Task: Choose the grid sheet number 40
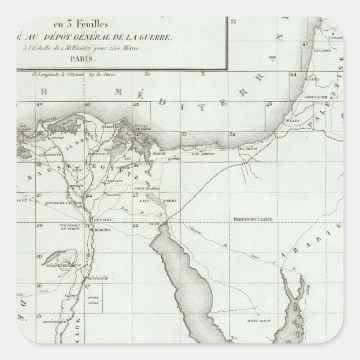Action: pos(39,105)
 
